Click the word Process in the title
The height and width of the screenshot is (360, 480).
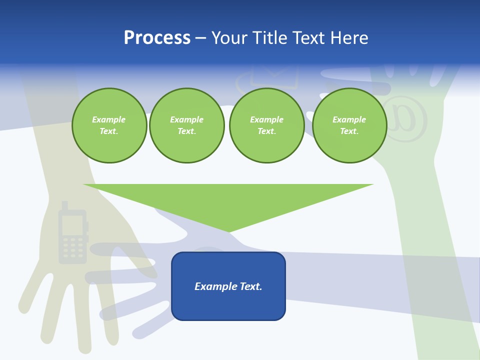click(x=157, y=38)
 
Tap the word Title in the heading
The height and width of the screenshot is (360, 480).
click(x=273, y=38)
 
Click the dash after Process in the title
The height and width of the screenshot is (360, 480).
click(x=200, y=38)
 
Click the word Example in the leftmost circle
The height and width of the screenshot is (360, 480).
click(x=109, y=119)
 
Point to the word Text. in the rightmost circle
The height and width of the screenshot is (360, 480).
click(x=349, y=131)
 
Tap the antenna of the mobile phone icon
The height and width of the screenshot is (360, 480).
click(x=64, y=205)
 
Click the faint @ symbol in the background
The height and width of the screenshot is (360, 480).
click(x=405, y=119)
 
